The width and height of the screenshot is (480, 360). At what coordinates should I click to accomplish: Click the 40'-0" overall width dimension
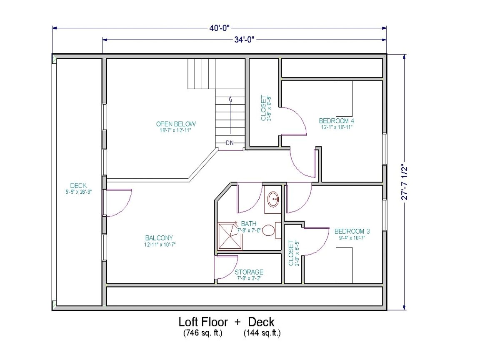(x=219, y=28)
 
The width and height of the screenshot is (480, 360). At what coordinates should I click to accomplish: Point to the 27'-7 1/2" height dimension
(x=404, y=182)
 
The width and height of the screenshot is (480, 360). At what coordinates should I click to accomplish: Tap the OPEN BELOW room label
(x=176, y=124)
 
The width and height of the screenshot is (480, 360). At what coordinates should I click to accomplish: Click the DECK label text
(x=78, y=186)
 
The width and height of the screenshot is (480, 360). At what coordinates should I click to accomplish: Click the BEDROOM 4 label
(x=336, y=121)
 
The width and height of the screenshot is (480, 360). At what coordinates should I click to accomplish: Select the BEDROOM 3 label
(x=352, y=231)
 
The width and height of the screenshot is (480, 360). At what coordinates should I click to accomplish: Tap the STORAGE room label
(x=249, y=272)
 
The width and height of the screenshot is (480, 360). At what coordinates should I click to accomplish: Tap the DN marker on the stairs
(x=230, y=143)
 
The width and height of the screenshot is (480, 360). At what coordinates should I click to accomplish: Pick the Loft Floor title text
(x=203, y=322)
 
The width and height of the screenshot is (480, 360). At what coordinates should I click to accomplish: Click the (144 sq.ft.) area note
(x=262, y=333)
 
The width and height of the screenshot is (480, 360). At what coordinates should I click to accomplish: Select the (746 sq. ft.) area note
(x=202, y=333)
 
